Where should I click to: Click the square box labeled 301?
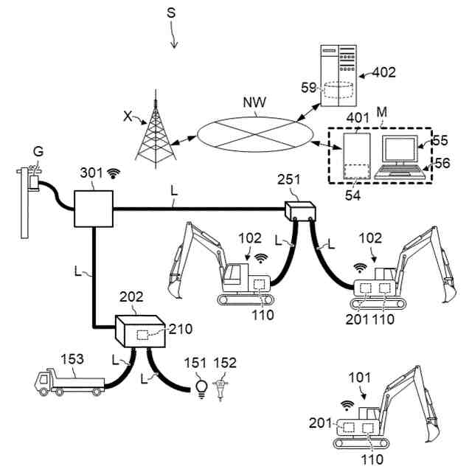tap(92, 208)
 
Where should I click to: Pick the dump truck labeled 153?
tap(69, 381)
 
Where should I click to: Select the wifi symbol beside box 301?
tap(113, 174)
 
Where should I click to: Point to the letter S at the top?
tap(171, 13)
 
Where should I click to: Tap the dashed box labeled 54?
tap(356, 170)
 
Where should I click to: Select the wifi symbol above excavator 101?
tap(347, 405)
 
